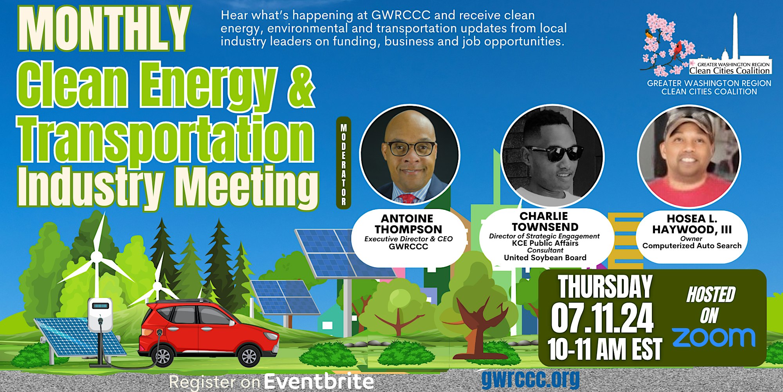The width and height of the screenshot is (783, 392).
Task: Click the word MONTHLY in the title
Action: pyautogui.click(x=104, y=29)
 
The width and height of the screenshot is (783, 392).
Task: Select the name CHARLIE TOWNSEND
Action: pyautogui.click(x=545, y=221)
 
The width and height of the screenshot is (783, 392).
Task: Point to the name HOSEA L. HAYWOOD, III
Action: pyautogui.click(x=692, y=224)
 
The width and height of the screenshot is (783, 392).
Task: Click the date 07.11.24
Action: pyautogui.click(x=603, y=318)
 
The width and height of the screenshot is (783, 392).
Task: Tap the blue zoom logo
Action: pyautogui.click(x=714, y=338)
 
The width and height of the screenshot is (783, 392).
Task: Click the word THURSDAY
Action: pyautogui.click(x=605, y=287)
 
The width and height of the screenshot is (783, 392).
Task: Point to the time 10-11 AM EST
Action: pyautogui.click(x=605, y=348)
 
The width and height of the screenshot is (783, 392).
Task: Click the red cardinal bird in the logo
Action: pyautogui.click(x=677, y=50)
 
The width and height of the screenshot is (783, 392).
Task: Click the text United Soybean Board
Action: pyautogui.click(x=545, y=258)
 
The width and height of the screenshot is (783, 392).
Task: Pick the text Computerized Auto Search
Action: pyautogui.click(x=692, y=246)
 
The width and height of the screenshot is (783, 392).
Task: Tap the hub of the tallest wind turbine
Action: pyautogui.click(x=96, y=257)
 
